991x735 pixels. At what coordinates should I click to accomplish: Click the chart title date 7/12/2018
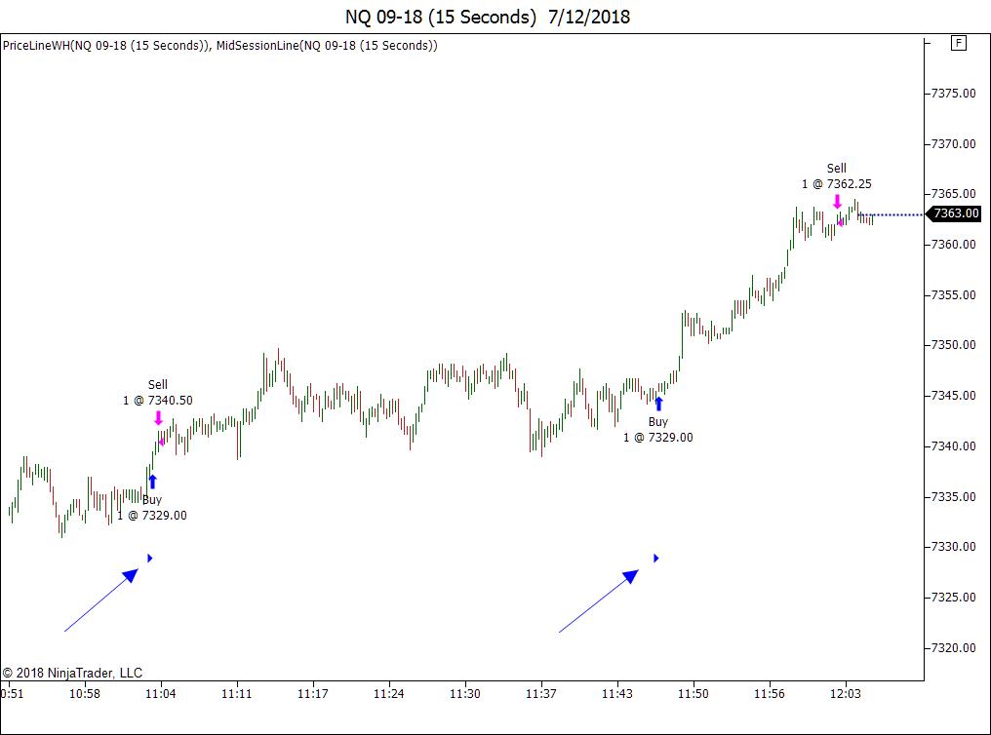click(x=588, y=17)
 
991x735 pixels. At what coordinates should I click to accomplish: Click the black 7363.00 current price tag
click(x=954, y=214)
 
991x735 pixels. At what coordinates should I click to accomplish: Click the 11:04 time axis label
click(x=160, y=694)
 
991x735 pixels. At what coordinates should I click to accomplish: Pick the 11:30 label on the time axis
click(x=464, y=694)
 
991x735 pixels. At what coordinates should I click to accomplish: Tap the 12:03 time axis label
click(x=845, y=694)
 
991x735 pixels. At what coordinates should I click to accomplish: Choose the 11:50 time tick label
click(x=694, y=694)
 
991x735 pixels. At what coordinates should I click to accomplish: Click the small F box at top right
click(x=958, y=43)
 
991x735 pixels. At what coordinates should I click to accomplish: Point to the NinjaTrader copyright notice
click(x=72, y=673)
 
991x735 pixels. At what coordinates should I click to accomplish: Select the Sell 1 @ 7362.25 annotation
click(x=837, y=176)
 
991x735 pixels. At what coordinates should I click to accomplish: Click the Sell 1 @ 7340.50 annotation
click(x=158, y=392)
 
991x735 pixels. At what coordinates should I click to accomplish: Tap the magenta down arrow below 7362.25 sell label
click(x=837, y=202)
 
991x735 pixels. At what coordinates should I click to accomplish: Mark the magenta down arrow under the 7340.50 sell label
click(x=158, y=418)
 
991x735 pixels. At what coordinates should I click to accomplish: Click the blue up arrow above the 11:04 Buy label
click(x=152, y=481)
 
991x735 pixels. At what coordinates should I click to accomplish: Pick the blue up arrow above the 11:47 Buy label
click(x=658, y=403)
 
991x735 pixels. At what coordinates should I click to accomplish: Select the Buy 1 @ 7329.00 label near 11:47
click(x=658, y=430)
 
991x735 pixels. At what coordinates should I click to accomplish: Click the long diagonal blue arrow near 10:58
click(x=101, y=600)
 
